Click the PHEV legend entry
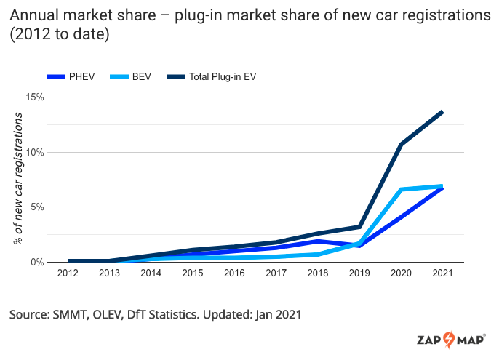71,76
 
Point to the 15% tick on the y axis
35,97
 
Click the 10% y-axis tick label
35,153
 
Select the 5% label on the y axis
38,207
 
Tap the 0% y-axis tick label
38,262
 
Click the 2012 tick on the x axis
68,273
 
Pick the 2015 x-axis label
192,273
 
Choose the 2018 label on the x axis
317,273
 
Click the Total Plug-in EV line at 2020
400,145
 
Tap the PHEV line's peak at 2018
318,241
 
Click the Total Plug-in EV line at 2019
359,227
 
